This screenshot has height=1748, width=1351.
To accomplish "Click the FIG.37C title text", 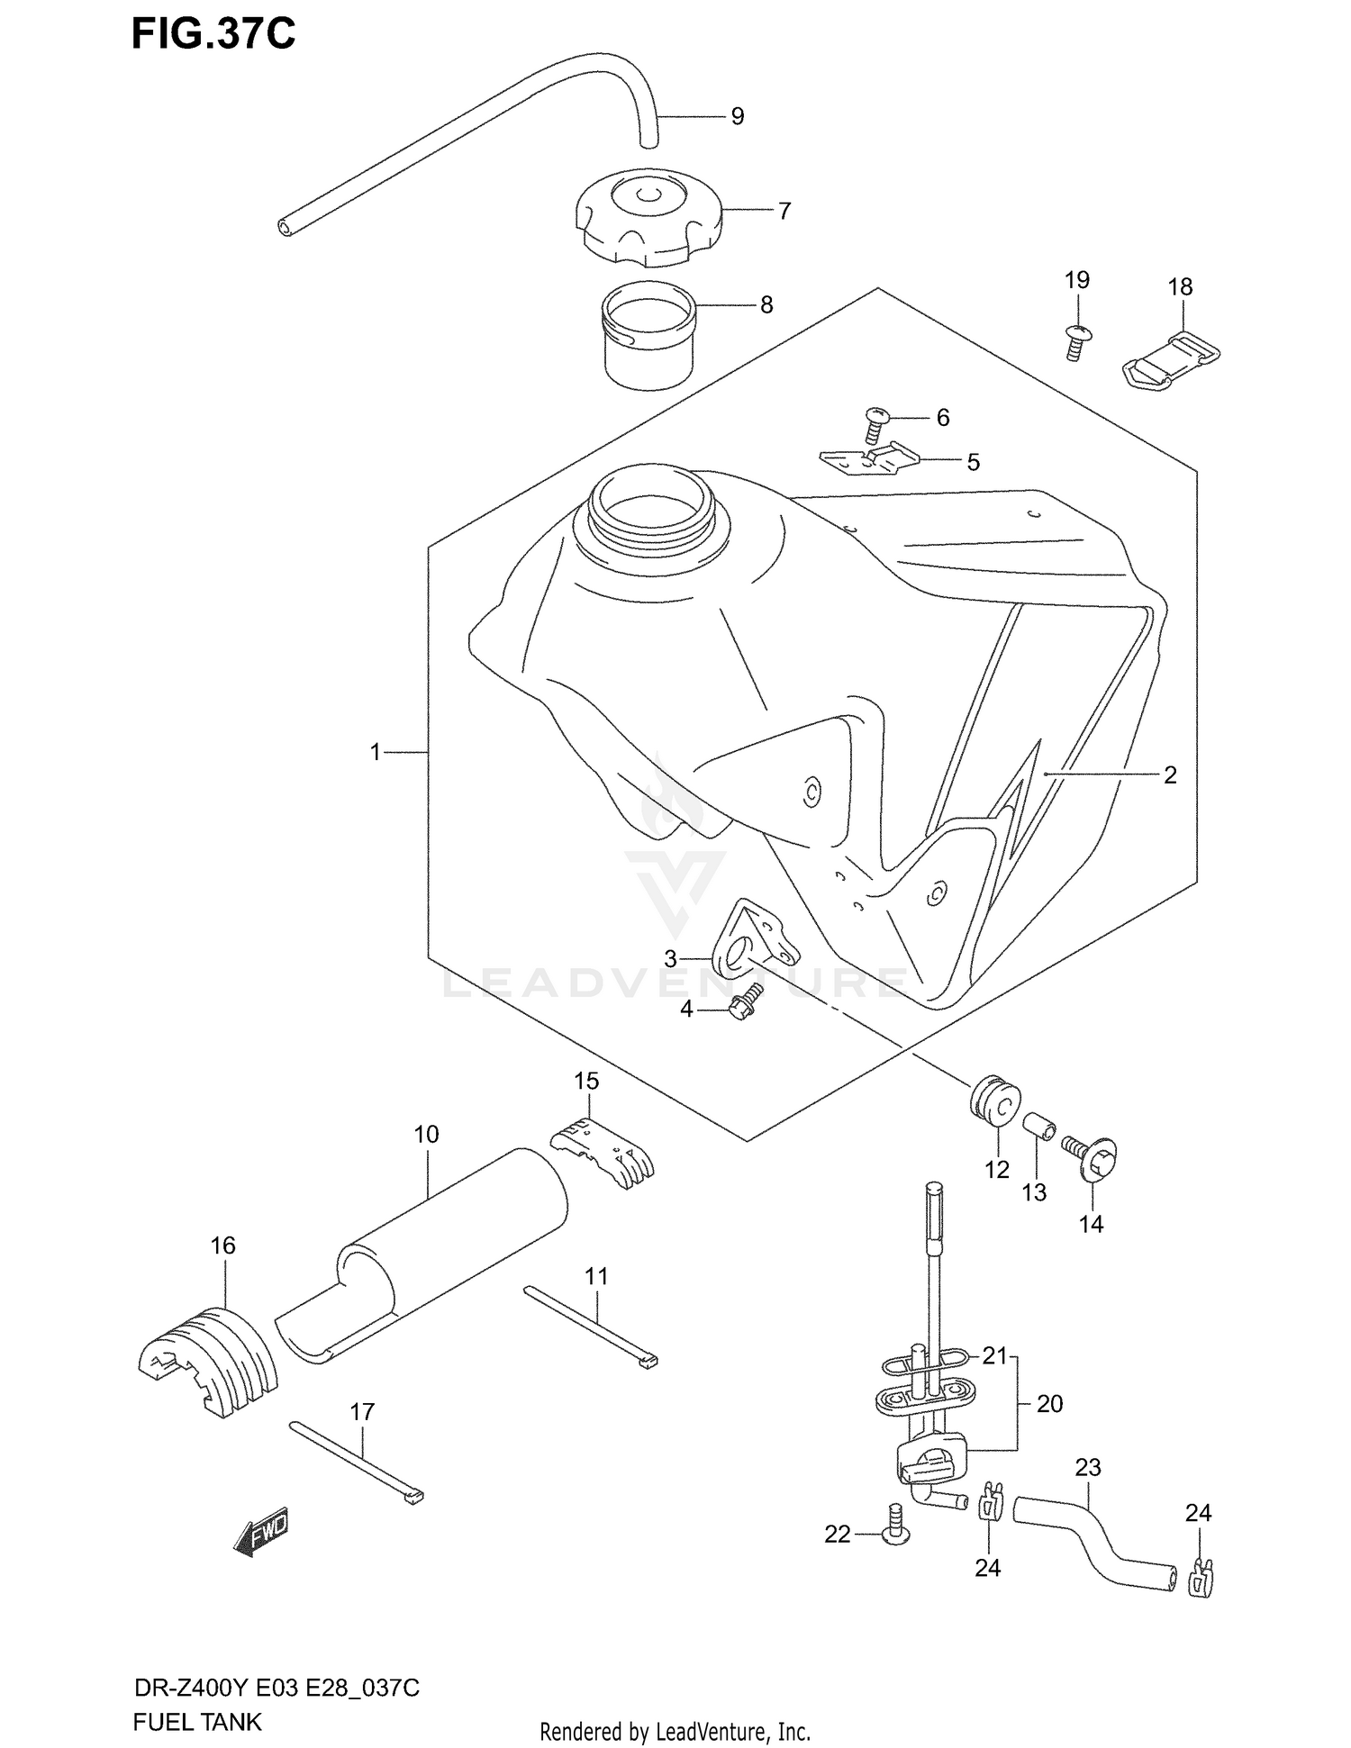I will [x=213, y=33].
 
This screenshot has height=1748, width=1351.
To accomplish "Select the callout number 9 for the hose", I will [x=738, y=116].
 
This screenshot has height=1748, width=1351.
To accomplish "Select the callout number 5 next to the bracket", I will [x=973, y=462].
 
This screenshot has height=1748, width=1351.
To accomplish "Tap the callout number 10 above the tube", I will [x=427, y=1134].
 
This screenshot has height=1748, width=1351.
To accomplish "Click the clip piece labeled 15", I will [x=603, y=1152].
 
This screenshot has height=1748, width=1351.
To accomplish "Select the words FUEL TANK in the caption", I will [x=197, y=1722].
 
